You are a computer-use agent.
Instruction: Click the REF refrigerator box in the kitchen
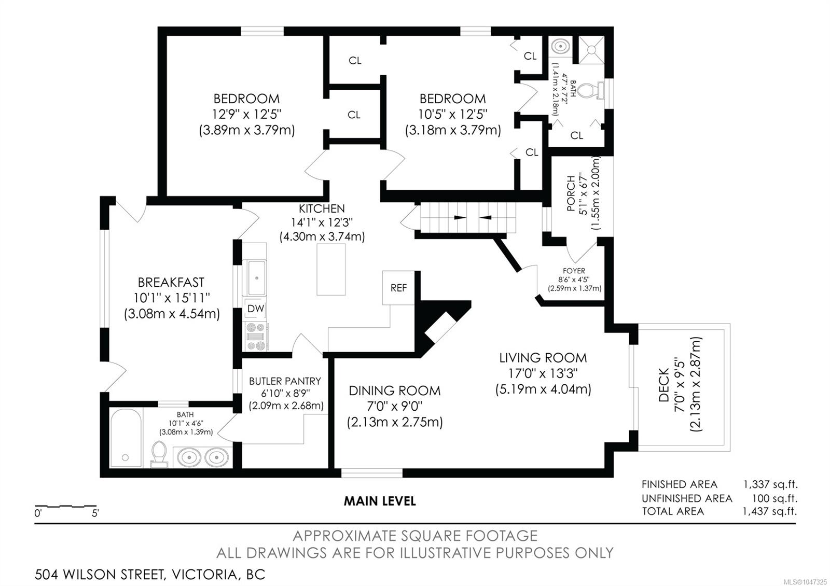click(x=398, y=288)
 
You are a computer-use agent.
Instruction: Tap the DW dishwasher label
click(x=256, y=309)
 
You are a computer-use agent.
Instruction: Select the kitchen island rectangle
click(x=331, y=269)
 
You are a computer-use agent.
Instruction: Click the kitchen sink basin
click(x=256, y=278)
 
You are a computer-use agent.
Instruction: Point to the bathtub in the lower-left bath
click(x=126, y=438)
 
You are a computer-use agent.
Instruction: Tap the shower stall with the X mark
click(x=591, y=49)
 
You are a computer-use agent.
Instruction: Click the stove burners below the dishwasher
click(x=256, y=337)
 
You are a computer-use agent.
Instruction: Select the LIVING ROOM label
click(x=543, y=358)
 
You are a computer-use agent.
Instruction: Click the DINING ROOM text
click(x=395, y=391)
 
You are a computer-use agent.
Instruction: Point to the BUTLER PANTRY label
click(x=285, y=381)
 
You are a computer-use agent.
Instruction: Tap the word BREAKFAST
click(x=171, y=283)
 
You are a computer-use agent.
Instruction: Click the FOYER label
click(x=574, y=271)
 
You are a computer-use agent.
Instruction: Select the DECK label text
click(x=663, y=385)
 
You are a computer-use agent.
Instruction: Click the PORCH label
click(x=571, y=193)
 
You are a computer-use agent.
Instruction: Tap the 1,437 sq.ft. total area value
click(x=770, y=511)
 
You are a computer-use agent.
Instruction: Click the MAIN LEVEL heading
click(x=380, y=501)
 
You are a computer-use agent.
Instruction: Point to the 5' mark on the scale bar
click(x=95, y=513)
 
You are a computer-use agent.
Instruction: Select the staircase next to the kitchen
click(x=467, y=217)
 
